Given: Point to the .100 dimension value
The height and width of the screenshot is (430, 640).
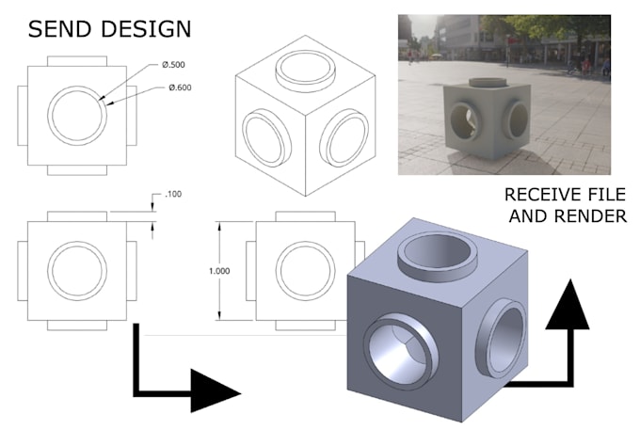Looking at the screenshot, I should pyautogui.click(x=174, y=194).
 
